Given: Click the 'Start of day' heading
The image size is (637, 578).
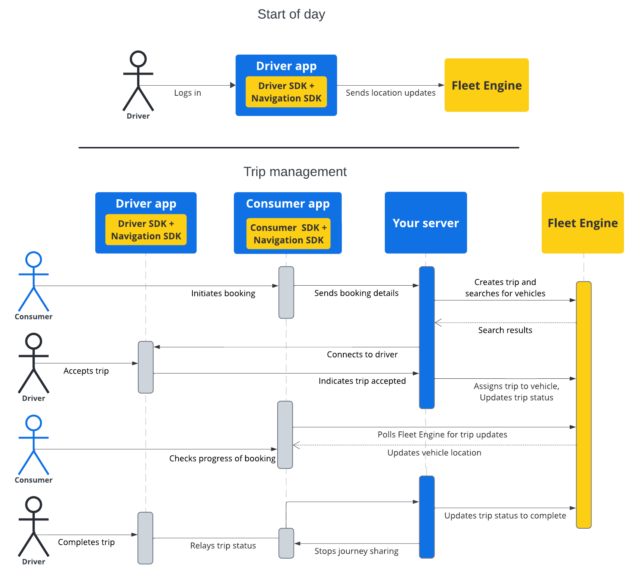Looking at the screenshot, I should (291, 14).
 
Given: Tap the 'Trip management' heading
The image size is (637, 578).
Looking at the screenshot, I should (295, 172).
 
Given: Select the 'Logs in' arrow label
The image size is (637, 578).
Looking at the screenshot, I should (187, 93).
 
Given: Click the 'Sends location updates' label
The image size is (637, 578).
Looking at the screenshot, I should (390, 93).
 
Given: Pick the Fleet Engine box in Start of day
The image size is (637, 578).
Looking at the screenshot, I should (486, 85).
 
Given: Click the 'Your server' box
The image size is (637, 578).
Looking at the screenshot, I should (426, 223).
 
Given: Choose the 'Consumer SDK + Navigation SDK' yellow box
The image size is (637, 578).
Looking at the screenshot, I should (288, 234).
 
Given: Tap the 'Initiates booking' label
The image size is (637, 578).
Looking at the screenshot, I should (223, 293).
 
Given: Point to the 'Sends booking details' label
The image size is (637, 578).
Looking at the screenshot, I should (356, 293).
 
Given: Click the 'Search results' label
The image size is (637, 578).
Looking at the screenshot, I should (505, 330).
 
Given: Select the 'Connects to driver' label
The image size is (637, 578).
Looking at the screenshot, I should (362, 354).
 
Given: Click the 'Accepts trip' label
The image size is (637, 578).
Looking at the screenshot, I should (86, 371).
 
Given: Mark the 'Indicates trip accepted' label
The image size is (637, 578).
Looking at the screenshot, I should (362, 381).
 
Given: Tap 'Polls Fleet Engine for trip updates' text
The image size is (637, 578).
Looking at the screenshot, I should (442, 434).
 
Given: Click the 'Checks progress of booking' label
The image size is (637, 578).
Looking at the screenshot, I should (222, 458).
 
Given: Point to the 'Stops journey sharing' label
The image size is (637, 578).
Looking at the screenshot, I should (356, 551).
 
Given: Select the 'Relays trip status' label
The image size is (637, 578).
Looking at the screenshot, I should (223, 545).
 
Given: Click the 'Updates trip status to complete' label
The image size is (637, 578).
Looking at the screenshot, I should (505, 516).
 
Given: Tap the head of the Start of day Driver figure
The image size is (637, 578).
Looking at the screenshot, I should (138, 59).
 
